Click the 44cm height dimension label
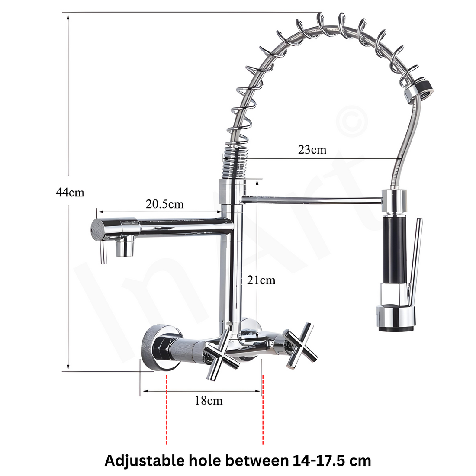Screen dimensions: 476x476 point(70,193)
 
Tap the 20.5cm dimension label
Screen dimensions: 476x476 point(164,204)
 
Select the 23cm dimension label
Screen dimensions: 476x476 point(312,150)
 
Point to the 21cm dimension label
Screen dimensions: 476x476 point(261,280)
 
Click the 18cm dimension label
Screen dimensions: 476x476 point(209,401)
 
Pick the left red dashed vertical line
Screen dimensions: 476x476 point(166,410)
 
